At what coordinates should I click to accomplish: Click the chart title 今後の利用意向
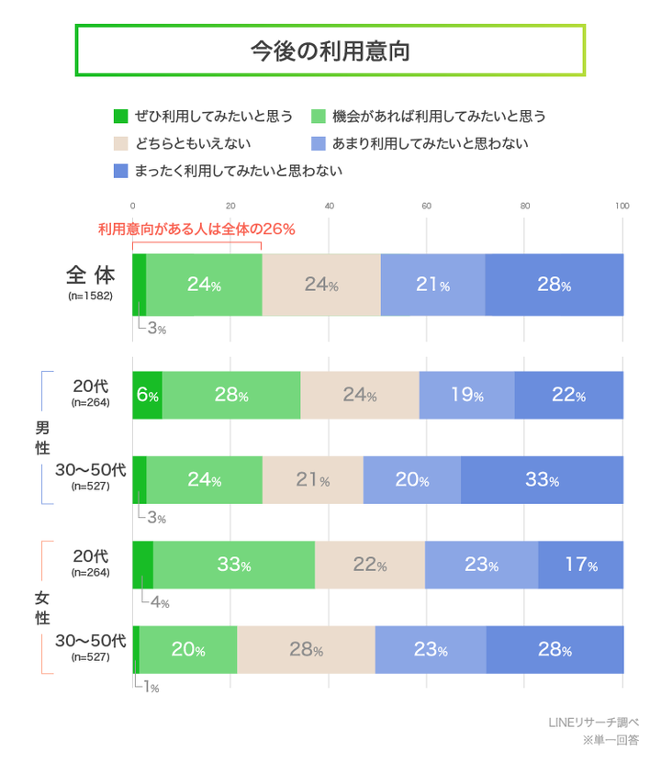point(330,50)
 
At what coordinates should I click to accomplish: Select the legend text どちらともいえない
point(192,143)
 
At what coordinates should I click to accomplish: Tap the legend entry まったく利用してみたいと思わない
point(229,170)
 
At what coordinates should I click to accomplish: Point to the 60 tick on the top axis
point(427,206)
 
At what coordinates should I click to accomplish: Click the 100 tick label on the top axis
point(622,206)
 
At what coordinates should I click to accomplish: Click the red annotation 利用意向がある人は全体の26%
point(196,230)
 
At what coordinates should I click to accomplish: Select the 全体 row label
point(89,275)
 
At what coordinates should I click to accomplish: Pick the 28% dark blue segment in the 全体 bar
point(555,285)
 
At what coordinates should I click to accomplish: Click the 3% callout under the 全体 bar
point(155,329)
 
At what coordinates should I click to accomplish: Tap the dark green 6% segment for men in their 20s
point(148,396)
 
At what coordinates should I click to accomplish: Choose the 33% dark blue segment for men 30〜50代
point(542,479)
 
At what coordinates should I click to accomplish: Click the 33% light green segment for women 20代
point(234,565)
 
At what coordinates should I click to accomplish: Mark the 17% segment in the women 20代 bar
point(580,565)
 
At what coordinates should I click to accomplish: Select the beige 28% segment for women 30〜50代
point(306,650)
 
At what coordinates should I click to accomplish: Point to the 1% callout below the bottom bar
point(150,687)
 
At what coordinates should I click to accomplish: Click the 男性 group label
point(42,438)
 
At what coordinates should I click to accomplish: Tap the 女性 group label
point(42,608)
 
